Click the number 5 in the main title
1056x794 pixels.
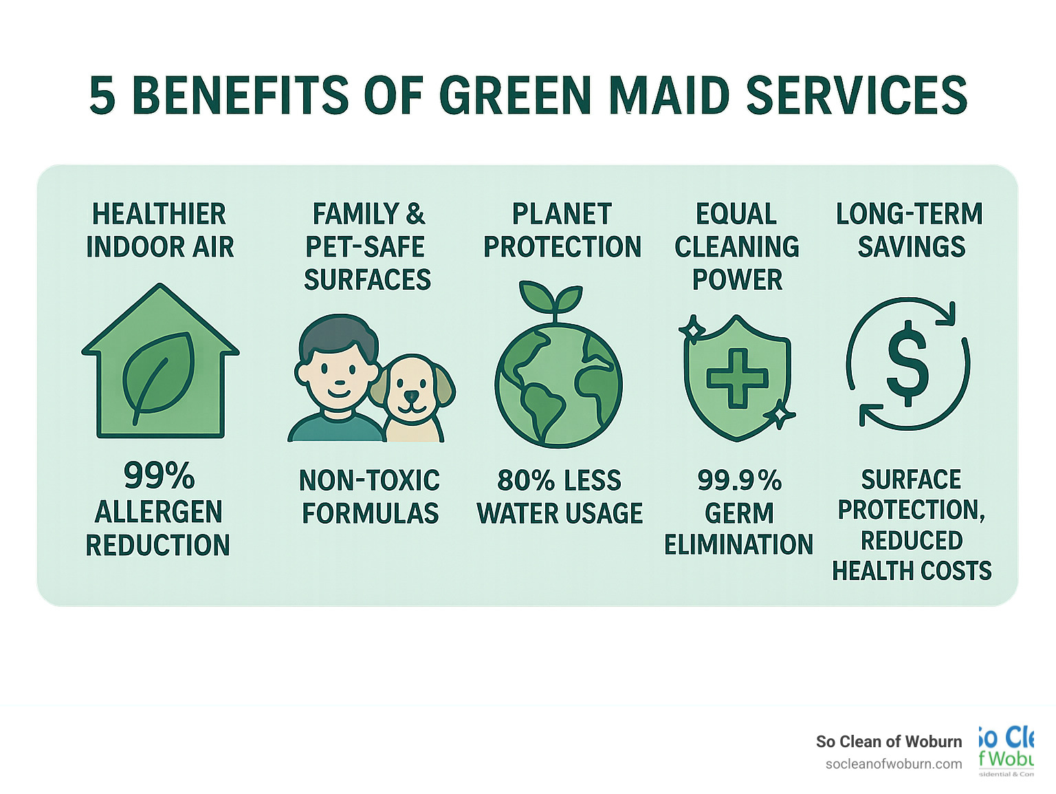pos(102,95)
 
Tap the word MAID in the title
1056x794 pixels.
pos(669,95)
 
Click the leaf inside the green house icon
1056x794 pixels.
pos(158,378)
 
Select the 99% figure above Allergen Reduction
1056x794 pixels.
pos(159,475)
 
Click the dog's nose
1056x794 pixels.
pos(410,396)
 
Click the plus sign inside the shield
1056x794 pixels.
pos(737,378)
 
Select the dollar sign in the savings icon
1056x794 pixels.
pos(907,363)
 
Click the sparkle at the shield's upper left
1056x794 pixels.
pos(692,330)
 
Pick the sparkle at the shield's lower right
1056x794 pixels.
pos(780,415)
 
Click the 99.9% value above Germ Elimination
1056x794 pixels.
pos(739,480)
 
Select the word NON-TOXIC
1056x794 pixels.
pos(369,480)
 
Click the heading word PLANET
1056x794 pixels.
pos(562,214)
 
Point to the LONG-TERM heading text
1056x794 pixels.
pos(910,214)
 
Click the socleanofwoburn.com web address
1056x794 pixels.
pos(893,764)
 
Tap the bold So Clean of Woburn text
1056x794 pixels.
pos(889,741)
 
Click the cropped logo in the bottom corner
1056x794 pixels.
pos(1006,750)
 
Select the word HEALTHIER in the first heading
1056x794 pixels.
pos(159,214)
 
